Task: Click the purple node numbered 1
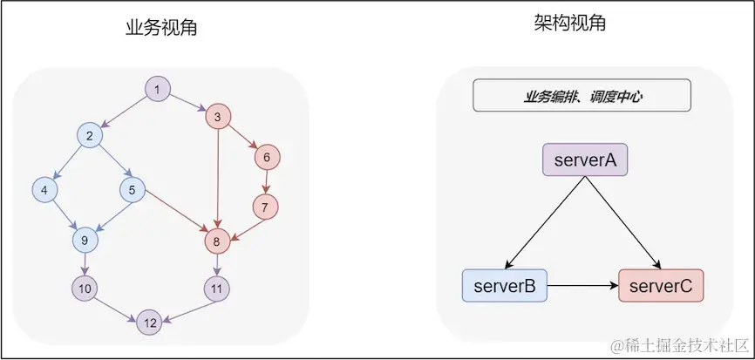[157, 89]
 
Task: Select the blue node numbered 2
[90, 135]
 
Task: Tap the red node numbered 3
[218, 116]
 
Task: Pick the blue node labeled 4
[44, 188]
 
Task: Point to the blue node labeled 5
[133, 188]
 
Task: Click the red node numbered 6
[267, 158]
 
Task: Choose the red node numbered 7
[265, 207]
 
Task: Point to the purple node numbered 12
[150, 323]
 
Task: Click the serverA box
[585, 160]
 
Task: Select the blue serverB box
[504, 285]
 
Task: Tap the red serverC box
[660, 285]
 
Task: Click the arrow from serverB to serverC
[582, 285]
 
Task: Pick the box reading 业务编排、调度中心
[582, 96]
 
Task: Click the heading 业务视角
[161, 27]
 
